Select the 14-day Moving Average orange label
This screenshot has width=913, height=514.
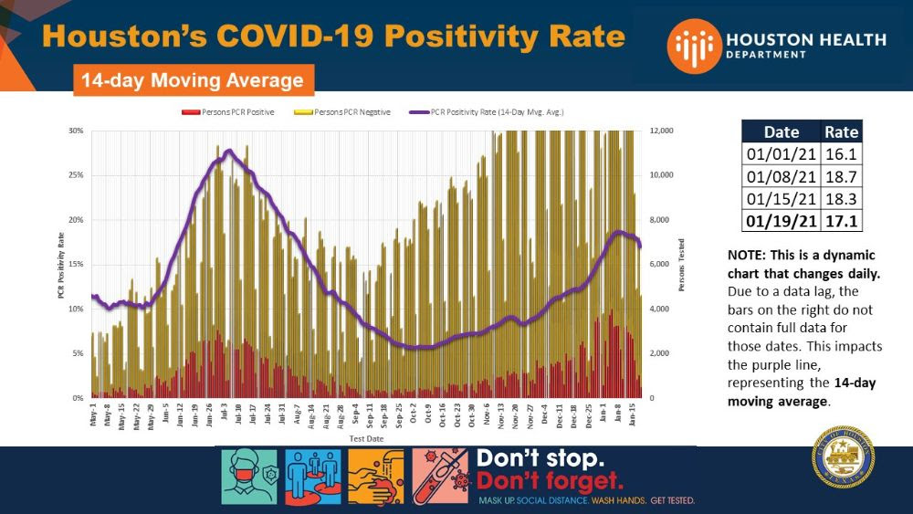click(193, 80)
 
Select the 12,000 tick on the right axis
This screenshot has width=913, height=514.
click(660, 131)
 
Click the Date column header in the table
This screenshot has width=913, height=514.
click(781, 131)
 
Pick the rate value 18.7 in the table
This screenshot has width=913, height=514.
click(840, 176)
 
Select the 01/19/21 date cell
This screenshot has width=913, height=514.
click(781, 222)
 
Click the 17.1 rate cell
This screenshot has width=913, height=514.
click(840, 222)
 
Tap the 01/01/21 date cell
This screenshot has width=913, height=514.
click(781, 154)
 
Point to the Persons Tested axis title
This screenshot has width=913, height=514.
click(680, 265)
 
